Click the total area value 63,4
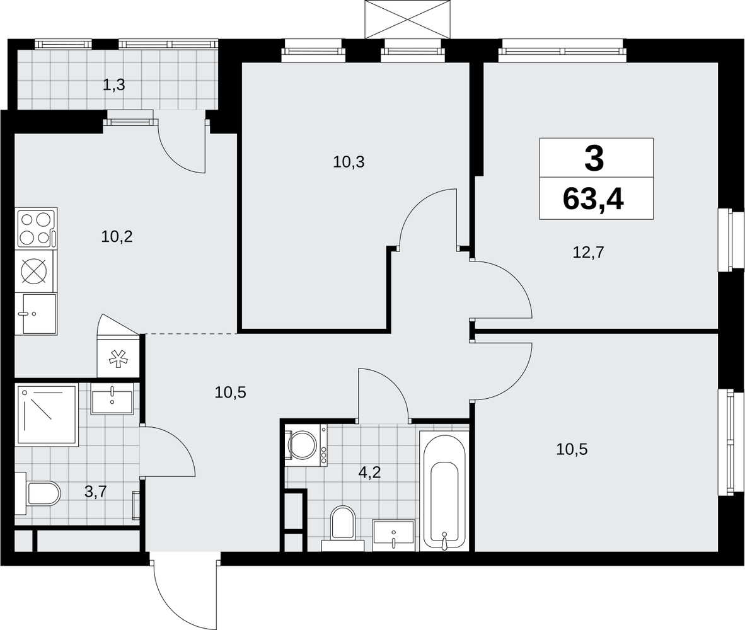click(x=593, y=199)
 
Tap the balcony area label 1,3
click(x=114, y=86)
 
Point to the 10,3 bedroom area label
click(x=349, y=163)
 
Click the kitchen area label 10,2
click(x=117, y=236)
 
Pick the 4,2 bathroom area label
click(x=371, y=473)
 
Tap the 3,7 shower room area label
click(x=96, y=491)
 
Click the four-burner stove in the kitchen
click(x=37, y=228)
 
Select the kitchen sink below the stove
click(x=36, y=314)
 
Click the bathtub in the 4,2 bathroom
click(x=444, y=491)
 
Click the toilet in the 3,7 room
click(x=38, y=494)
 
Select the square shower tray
click(x=47, y=415)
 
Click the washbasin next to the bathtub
click(x=393, y=535)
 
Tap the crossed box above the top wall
click(x=407, y=19)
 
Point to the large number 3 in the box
click(x=594, y=159)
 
